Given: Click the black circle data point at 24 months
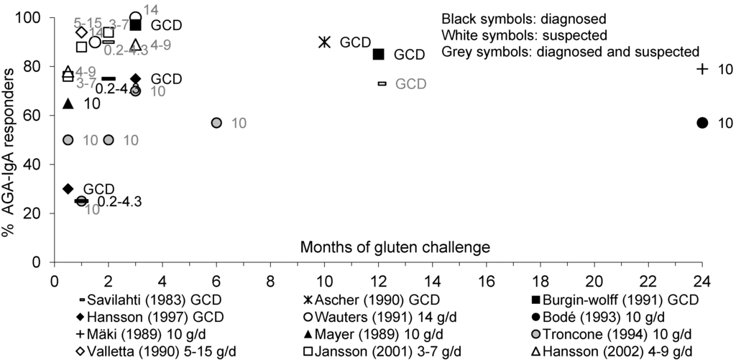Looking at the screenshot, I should pos(702,123).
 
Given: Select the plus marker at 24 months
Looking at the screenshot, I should pos(702,69).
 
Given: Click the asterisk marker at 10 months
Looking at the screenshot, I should pos(324,42).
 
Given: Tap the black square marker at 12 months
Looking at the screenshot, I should pos(379,54).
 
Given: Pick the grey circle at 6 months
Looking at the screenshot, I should pos(216,123).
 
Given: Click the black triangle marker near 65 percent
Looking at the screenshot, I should pos(68,103).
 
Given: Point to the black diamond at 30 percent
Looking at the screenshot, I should pos(68,189).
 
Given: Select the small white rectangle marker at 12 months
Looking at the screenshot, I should pos(382,84).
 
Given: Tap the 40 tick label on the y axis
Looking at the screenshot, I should pos(36,165).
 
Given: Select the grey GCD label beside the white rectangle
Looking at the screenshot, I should pos(410,84).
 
